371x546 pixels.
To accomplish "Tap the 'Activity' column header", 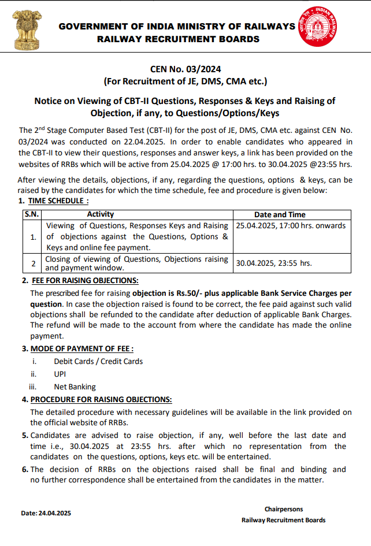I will (x=100, y=214).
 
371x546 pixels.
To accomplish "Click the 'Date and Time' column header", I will (x=280, y=214).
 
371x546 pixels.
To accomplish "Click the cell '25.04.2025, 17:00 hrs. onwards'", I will (x=290, y=225).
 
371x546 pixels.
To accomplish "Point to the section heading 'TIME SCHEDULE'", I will (x=58, y=201).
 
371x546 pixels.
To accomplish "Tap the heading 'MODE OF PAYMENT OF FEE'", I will (x=81, y=349).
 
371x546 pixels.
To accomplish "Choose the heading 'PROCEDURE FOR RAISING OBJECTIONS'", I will (x=101, y=400).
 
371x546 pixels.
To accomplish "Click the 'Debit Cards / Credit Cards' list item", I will (x=98, y=362).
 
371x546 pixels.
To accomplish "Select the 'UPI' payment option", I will (x=60, y=374).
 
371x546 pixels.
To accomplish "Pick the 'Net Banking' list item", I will (x=75, y=387).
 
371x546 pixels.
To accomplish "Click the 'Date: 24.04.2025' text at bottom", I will (x=46, y=513).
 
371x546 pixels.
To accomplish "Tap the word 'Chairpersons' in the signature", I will (x=283, y=509).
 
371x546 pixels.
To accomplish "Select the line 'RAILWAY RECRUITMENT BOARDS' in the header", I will (x=178, y=39).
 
